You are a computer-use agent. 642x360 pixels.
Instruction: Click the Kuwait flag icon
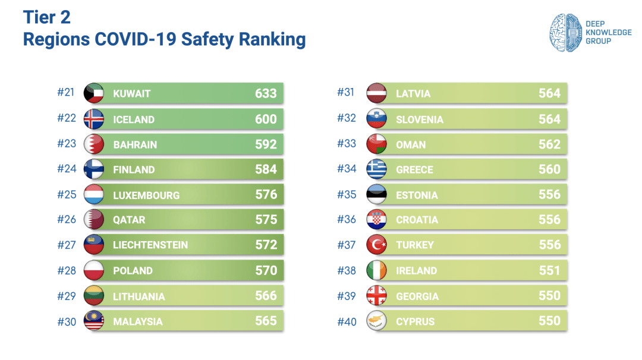pos(94,93)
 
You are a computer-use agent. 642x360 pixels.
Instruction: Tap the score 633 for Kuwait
pos(266,93)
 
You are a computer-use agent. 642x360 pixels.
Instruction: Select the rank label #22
pos(67,118)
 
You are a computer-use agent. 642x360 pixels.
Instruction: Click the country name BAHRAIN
pos(135,144)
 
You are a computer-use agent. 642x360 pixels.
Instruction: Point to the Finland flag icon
pos(94,169)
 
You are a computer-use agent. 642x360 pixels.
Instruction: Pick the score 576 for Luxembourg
pos(266,195)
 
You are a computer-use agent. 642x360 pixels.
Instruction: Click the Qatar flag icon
pos(94,220)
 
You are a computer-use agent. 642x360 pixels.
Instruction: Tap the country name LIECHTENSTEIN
pos(150,245)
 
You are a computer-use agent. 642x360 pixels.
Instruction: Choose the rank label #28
pos(67,271)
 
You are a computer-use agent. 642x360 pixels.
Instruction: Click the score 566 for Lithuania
pos(266,296)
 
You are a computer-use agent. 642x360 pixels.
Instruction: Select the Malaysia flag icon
pos(94,321)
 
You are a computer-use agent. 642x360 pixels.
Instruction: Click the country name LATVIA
pos(413,94)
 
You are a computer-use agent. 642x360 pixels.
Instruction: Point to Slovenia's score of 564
pos(549,119)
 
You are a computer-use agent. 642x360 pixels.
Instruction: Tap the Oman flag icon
pos(377,144)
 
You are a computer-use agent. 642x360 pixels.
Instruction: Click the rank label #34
pos(347,169)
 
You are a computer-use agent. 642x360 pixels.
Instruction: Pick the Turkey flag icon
pos(377,245)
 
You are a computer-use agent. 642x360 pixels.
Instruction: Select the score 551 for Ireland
pos(549,270)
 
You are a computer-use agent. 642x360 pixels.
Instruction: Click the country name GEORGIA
pos(417,296)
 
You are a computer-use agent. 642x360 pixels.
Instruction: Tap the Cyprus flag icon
pos(377,321)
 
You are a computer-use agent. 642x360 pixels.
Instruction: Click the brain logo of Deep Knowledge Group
pos(564,32)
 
